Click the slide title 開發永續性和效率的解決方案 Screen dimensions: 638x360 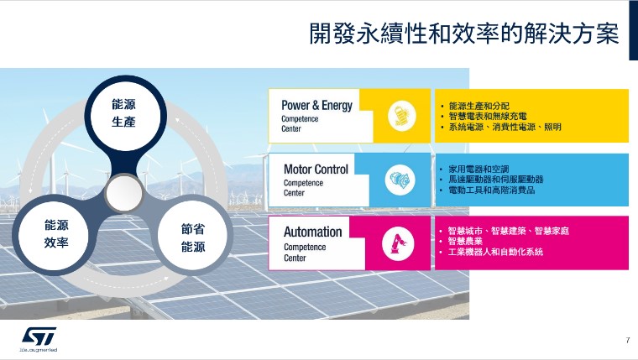[x=464, y=34]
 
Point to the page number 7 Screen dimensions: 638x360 [x=628, y=340]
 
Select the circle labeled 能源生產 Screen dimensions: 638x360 [x=124, y=113]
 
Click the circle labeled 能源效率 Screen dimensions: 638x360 [x=56, y=234]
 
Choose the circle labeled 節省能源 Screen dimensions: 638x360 [x=193, y=238]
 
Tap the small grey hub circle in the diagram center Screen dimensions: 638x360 [x=124, y=193]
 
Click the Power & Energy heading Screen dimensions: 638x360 [x=316, y=106]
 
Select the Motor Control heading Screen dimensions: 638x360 [x=316, y=169]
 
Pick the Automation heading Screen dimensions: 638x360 [x=312, y=232]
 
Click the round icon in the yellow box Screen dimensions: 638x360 [x=401, y=116]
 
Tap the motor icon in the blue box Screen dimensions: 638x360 [x=400, y=180]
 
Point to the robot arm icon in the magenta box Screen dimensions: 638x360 [x=398, y=243]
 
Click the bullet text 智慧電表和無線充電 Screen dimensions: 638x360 [x=488, y=117]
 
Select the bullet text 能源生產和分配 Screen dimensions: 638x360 [x=478, y=107]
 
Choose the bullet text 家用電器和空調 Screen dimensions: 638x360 [x=478, y=169]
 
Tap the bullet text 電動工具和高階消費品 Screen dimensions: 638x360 [x=492, y=190]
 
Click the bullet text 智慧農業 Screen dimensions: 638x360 [x=465, y=241]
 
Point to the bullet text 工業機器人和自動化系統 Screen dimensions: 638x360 [x=495, y=252]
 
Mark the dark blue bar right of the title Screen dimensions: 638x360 [x=634, y=30]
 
